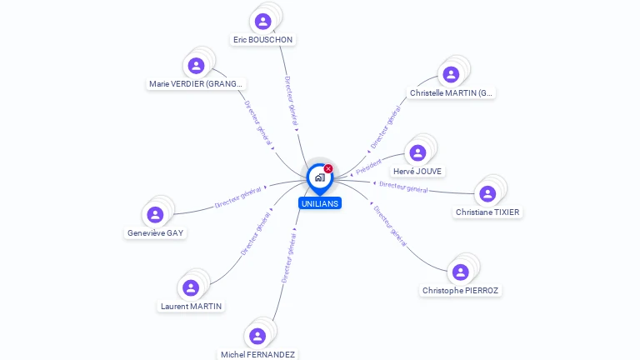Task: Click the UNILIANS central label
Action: click(320, 203)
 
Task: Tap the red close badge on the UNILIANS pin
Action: click(328, 169)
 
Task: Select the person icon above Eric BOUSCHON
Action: click(263, 21)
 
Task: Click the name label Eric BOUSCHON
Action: click(263, 39)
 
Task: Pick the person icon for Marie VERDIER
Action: click(197, 66)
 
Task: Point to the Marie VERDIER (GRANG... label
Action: click(197, 83)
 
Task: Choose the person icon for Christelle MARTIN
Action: click(451, 75)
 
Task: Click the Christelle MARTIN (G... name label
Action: click(452, 92)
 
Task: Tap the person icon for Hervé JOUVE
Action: click(418, 152)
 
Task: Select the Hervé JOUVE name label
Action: click(418, 171)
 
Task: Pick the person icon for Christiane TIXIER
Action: click(487, 194)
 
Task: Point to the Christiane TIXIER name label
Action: click(487, 212)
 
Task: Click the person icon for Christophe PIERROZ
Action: click(460, 272)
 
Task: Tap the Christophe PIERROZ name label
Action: click(461, 291)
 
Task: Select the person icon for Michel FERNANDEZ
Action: click(257, 336)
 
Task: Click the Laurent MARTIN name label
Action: click(192, 306)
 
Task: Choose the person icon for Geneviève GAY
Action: click(155, 214)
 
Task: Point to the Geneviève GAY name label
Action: click(156, 233)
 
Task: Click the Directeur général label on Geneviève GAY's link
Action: click(238, 197)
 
